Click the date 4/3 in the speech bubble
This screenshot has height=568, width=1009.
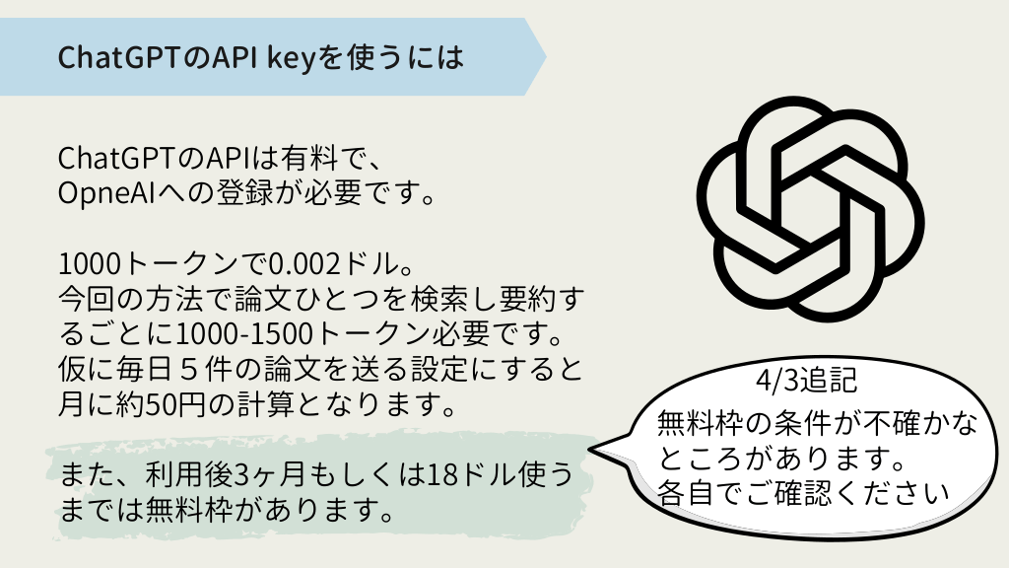[774, 380]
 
